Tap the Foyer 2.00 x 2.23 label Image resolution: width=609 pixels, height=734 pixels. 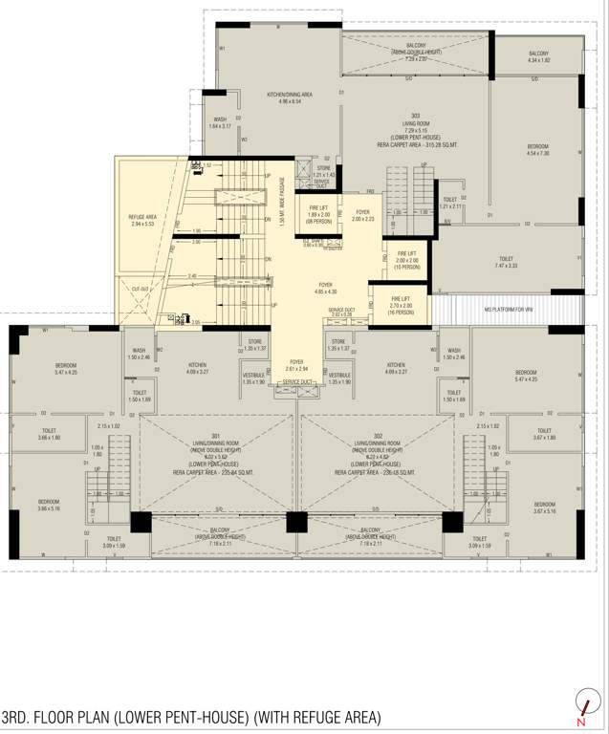pyautogui.click(x=362, y=215)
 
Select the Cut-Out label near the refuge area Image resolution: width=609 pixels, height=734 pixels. pyautogui.click(x=141, y=289)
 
